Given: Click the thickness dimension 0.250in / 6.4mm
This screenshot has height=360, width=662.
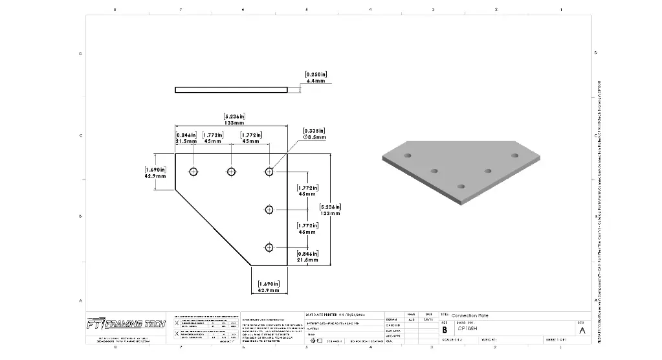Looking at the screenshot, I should click(316, 78).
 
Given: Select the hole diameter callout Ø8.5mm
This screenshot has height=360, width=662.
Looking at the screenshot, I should click(315, 134).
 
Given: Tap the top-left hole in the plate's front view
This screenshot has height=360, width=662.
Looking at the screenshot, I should click(193, 172).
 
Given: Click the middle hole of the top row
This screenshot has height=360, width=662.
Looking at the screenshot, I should click(231, 172).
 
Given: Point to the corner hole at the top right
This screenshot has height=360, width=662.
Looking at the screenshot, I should click(269, 172).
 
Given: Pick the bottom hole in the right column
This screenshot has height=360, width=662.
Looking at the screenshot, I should click(269, 247).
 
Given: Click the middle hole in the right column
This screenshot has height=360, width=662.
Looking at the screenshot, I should click(269, 208).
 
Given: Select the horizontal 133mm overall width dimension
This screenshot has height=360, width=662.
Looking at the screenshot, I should click(234, 119).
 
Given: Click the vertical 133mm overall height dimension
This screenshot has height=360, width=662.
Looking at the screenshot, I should click(330, 210).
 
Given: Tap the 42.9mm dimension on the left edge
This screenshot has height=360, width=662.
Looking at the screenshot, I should click(155, 172).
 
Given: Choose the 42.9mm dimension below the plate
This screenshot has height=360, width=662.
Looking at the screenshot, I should click(268, 287).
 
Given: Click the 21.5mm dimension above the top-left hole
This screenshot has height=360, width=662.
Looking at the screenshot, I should click(186, 137).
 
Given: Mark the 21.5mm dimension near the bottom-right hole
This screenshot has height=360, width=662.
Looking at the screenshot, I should click(307, 256).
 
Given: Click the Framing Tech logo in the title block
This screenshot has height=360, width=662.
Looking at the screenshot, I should click(126, 323).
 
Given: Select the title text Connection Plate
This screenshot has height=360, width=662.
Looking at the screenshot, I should click(470, 315).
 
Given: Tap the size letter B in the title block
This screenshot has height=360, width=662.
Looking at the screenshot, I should click(445, 329).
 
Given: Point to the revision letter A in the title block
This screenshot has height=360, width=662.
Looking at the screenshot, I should click(582, 330).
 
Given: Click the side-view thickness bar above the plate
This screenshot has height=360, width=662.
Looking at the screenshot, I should click(231, 90).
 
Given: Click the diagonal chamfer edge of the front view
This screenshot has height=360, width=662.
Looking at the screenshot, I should click(213, 227).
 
